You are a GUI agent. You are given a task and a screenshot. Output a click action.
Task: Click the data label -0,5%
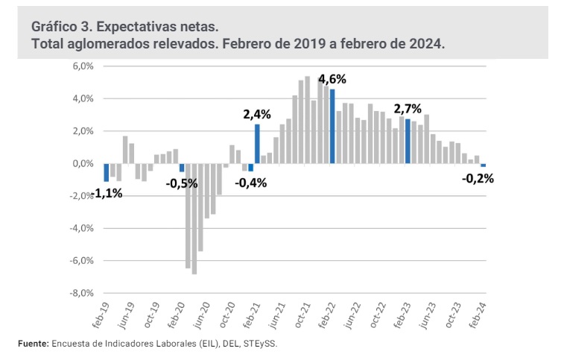(182, 183)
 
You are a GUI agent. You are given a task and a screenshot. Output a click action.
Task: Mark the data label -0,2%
(478, 179)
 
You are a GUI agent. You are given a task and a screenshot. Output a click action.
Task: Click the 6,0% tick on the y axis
(81, 66)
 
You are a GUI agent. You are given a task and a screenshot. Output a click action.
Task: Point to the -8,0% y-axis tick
(80, 293)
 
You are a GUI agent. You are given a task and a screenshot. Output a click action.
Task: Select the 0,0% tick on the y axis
(81, 164)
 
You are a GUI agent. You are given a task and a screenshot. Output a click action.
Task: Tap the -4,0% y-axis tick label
(80, 229)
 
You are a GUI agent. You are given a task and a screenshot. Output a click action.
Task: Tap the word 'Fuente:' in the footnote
(33, 344)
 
